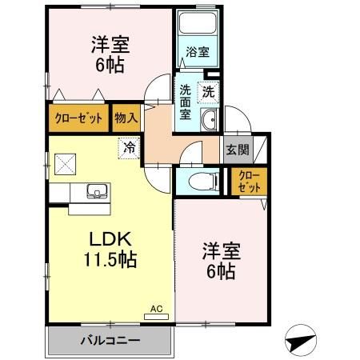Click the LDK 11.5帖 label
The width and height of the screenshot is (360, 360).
[x=110, y=248]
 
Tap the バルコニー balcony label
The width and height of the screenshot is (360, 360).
[x=110, y=341]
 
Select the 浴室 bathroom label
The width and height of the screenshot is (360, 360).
[x=198, y=53]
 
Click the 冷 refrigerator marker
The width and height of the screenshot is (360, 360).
[x=129, y=146]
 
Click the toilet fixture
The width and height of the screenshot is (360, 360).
[x=200, y=179]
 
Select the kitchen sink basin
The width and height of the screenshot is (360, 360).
[x=95, y=192]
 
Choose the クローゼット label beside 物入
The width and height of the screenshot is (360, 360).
[x=78, y=118]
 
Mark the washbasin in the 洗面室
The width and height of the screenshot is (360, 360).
[x=210, y=122]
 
